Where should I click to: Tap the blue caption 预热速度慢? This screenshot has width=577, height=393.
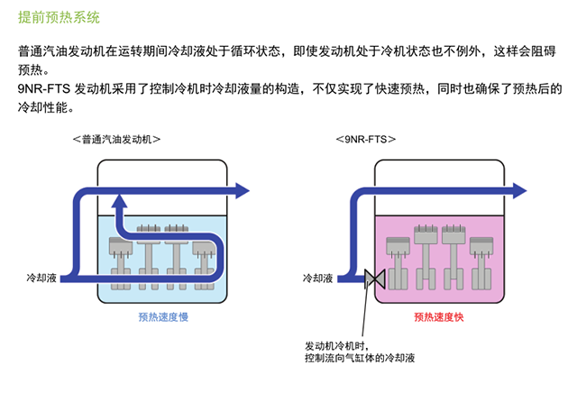[x=163, y=317]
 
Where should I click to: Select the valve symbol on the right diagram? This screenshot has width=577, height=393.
[x=370, y=279]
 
